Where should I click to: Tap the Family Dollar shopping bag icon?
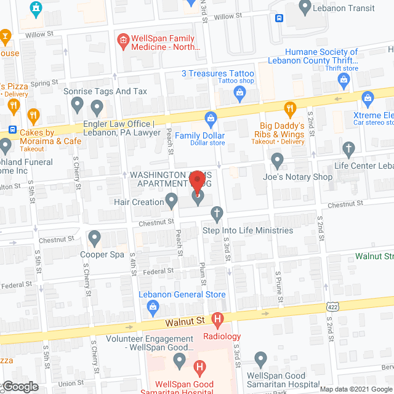[211, 117]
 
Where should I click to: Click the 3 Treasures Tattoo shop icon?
[240, 94]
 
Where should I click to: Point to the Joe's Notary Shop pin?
[277, 161]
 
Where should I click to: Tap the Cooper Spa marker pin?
[94, 237]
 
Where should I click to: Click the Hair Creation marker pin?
[172, 200]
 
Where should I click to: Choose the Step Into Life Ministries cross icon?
[216, 214]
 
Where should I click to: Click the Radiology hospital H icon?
[217, 319]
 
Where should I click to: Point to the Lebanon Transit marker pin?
[304, 7]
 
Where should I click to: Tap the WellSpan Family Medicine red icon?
[123, 41]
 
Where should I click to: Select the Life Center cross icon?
[349, 149]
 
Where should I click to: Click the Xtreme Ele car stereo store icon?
[368, 98]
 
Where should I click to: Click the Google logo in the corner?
[20, 387]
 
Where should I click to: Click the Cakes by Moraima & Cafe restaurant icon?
[34, 115]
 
